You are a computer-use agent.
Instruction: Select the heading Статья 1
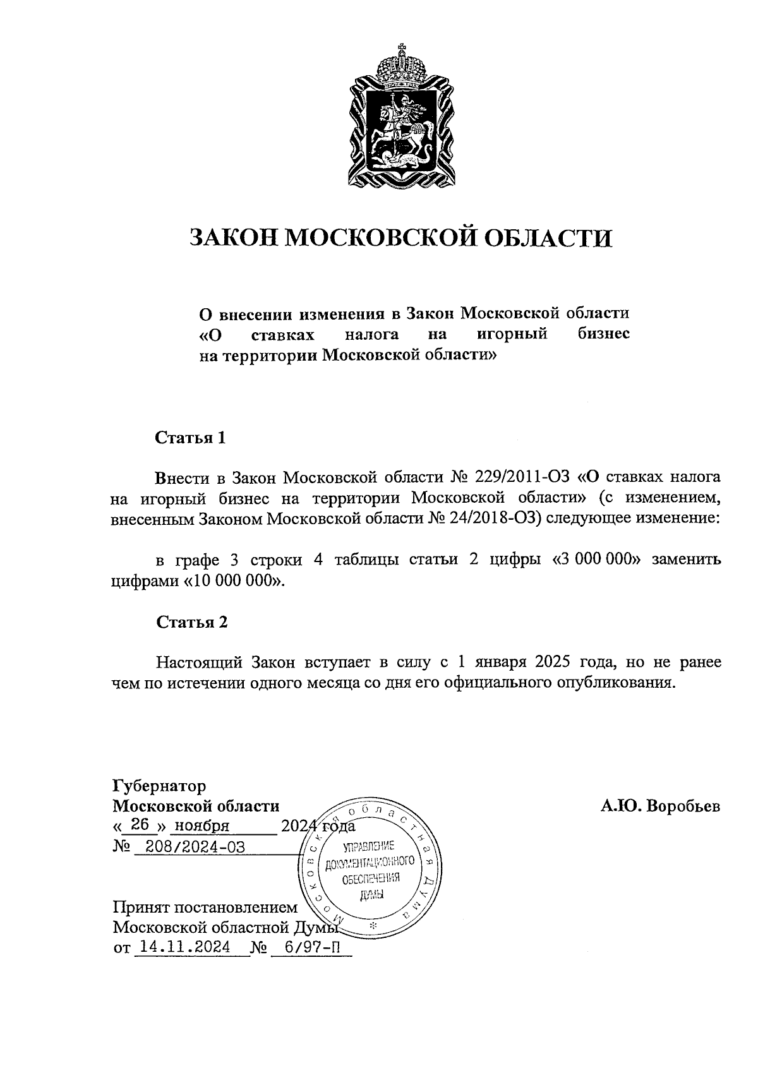190,438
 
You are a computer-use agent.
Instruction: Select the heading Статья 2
191,622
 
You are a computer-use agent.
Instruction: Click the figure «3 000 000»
596,560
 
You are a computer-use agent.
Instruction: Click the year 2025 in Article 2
553,663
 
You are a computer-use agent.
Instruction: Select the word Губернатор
159,786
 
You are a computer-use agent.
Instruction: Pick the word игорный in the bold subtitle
512,333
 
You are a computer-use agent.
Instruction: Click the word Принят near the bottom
143,908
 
